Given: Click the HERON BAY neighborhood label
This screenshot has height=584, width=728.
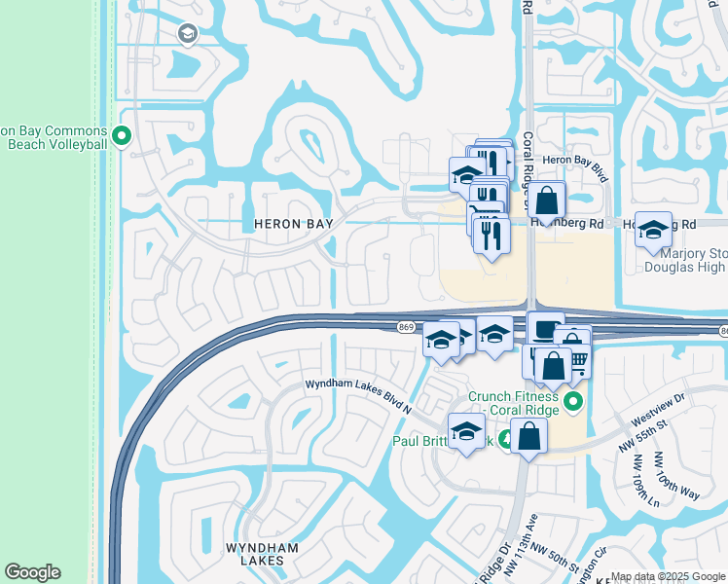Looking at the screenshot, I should click(293, 224).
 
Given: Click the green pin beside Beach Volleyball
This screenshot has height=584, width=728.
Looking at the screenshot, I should click(122, 136).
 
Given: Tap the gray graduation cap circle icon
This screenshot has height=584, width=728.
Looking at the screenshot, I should click(187, 35).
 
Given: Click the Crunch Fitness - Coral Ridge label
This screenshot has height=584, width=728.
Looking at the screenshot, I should click(512, 402).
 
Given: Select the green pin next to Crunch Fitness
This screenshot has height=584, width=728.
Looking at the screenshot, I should click(573, 401).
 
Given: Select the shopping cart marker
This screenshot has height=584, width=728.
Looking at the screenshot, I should click(578, 362).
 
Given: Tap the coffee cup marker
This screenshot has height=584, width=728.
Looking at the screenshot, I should click(545, 327).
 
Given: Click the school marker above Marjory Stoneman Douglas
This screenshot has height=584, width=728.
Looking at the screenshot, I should click(653, 230).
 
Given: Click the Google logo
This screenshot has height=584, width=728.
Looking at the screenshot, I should click(32, 572).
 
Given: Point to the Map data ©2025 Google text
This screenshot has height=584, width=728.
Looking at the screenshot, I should click(669, 576).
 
